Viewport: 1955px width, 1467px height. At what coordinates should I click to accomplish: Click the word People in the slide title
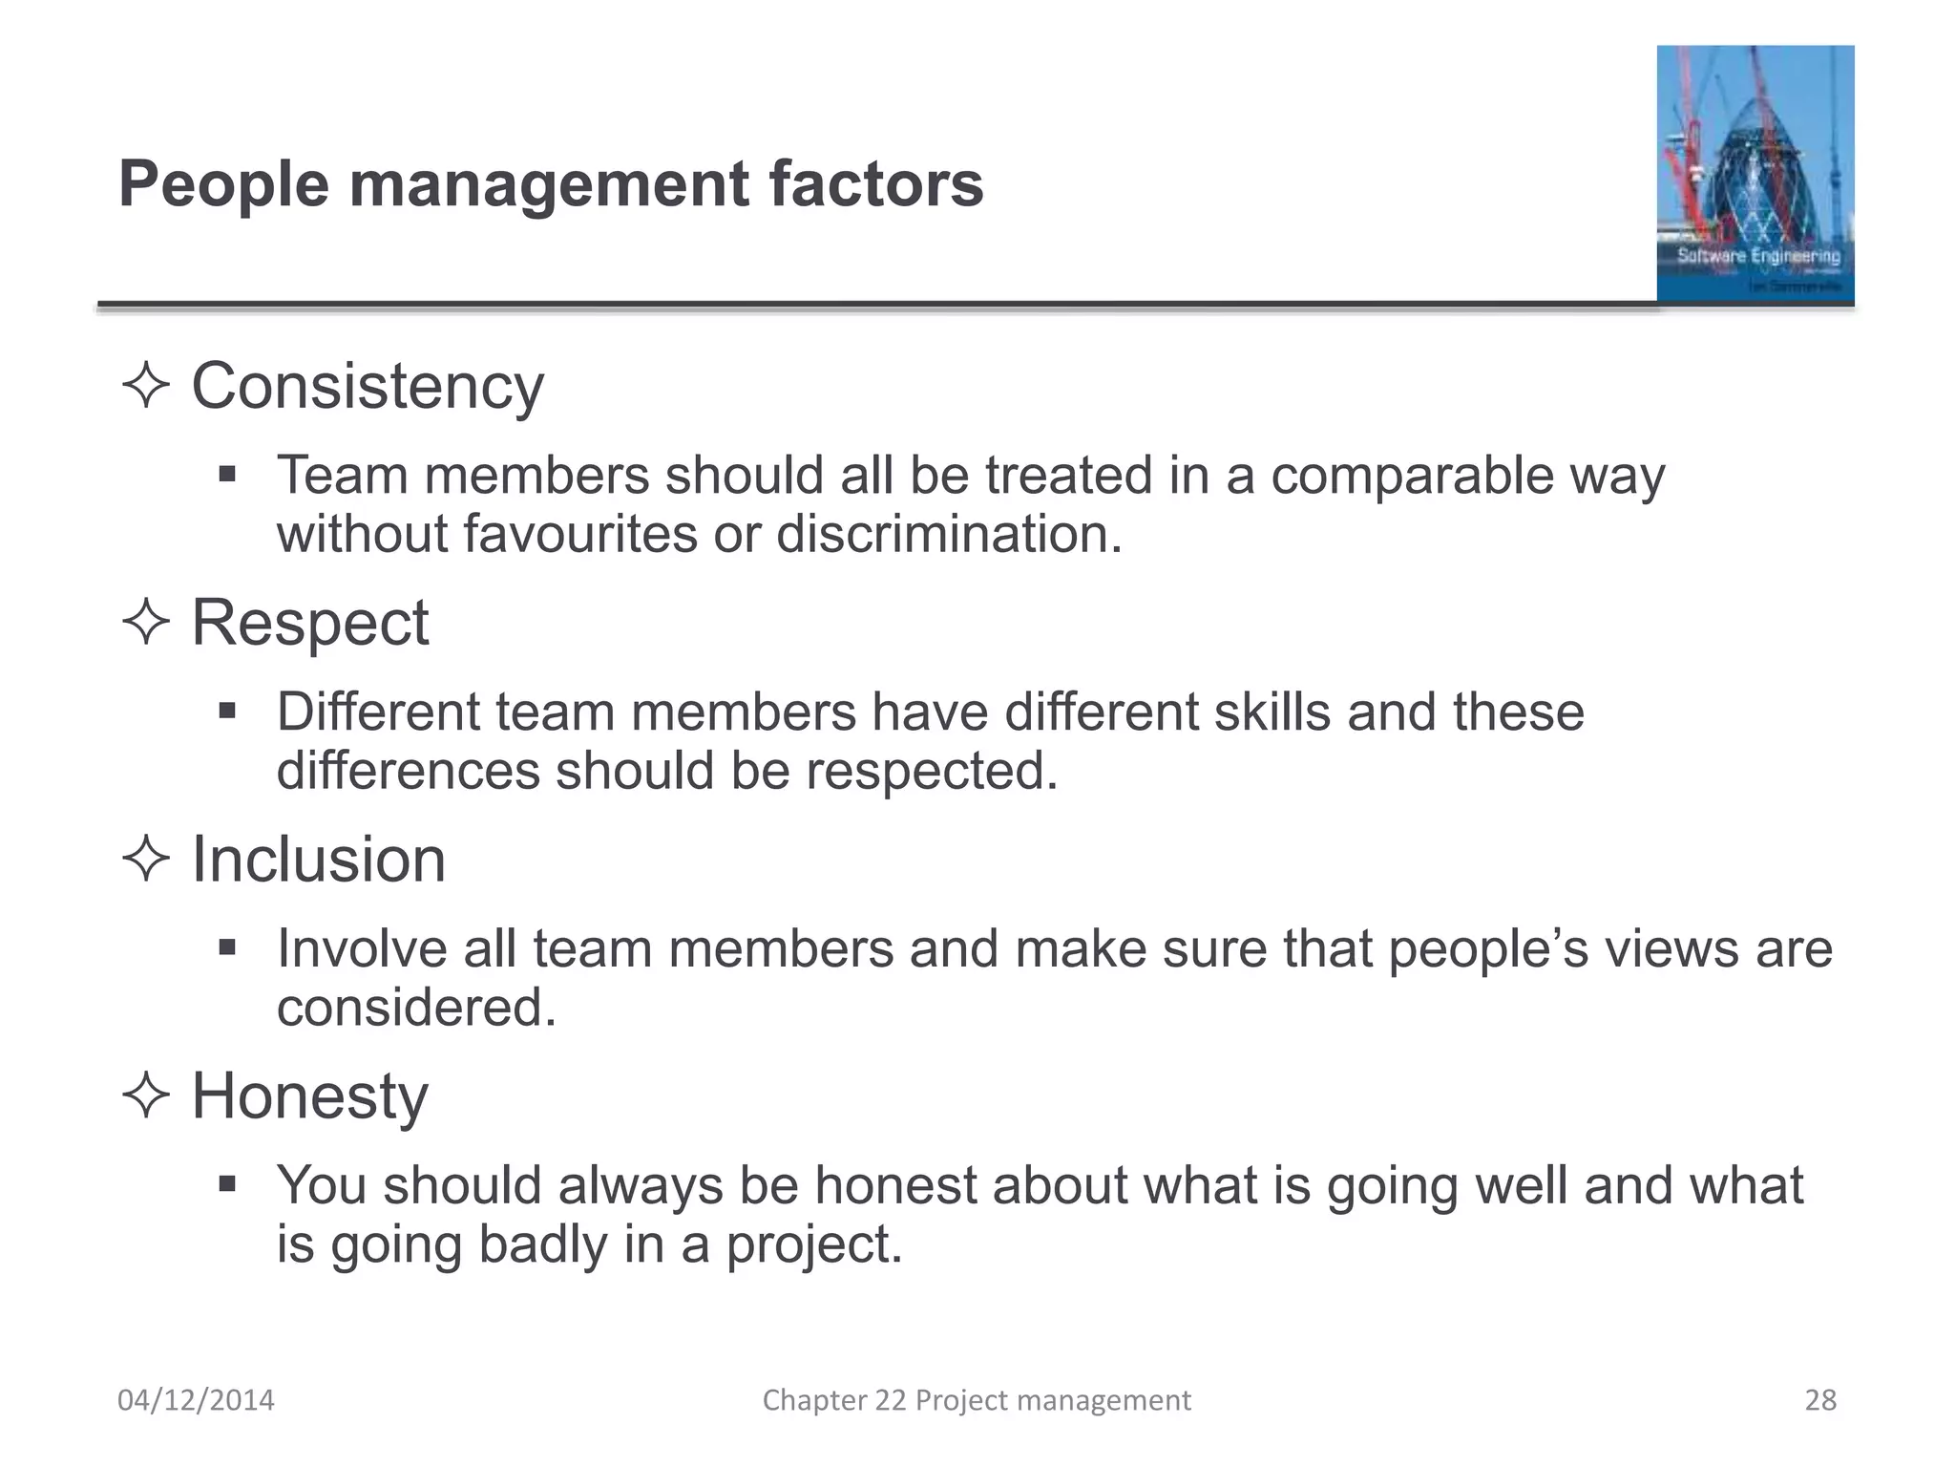tap(223, 184)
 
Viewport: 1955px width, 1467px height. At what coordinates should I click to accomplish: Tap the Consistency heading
tap(368, 387)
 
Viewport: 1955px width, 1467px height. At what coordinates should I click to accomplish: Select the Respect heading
tap(310, 623)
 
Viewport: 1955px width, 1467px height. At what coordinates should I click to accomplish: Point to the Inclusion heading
tap(319, 860)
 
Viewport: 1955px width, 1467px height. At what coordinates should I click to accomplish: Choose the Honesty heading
tap(310, 1096)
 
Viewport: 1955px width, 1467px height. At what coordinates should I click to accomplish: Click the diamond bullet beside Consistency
tap(146, 387)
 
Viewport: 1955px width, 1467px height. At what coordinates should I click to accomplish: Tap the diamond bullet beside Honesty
tap(146, 1095)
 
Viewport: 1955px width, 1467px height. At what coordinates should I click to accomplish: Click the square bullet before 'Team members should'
tap(227, 474)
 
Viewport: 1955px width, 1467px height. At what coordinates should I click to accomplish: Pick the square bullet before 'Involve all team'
tap(227, 947)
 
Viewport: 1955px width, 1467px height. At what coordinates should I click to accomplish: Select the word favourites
tap(581, 534)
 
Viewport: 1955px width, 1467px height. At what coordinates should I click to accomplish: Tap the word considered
tap(416, 1008)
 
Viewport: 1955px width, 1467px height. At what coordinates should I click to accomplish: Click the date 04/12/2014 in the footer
tap(196, 1400)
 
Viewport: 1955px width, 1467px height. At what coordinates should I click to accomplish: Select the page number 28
tap(1820, 1400)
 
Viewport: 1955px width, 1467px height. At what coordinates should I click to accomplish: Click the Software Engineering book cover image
tap(1755, 174)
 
